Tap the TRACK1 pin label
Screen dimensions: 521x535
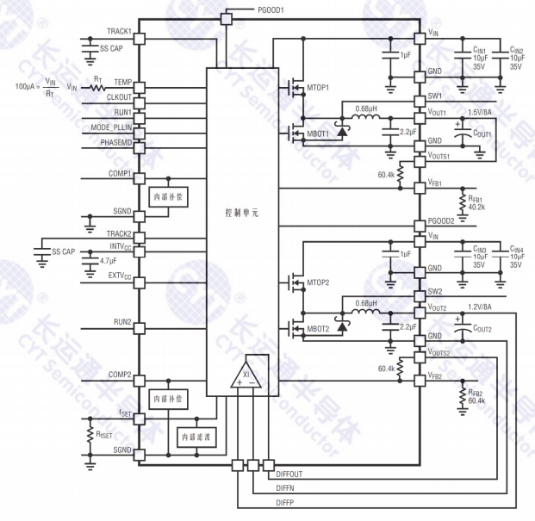click(118, 31)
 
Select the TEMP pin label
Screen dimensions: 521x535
click(122, 82)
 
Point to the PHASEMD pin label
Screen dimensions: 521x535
click(115, 141)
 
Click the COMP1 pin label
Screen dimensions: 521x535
click(120, 173)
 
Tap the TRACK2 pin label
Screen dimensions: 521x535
click(119, 233)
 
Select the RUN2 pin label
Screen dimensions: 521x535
click(122, 322)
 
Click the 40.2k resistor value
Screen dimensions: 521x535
click(477, 207)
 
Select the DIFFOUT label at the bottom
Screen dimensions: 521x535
click(289, 474)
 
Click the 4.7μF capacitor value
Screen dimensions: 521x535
click(109, 260)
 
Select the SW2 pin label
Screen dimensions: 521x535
click(435, 291)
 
